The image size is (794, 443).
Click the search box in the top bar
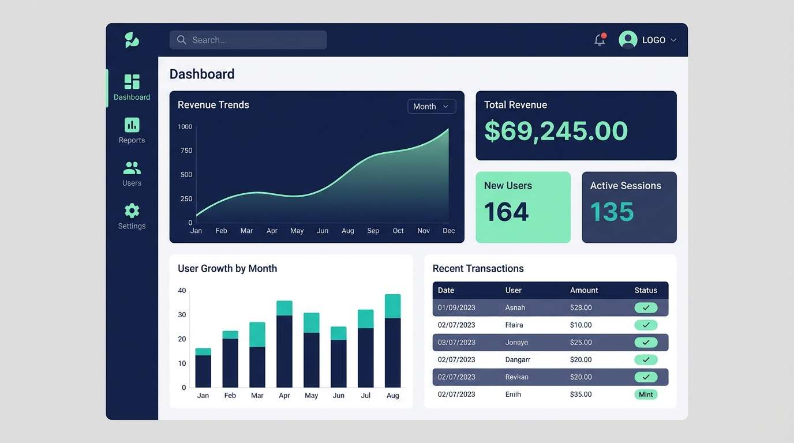(248, 40)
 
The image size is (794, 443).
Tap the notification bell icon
(600, 40)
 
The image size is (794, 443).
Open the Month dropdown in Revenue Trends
(432, 106)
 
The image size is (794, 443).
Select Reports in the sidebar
(132, 130)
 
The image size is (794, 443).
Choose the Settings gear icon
(132, 211)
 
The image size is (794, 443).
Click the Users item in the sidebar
(132, 173)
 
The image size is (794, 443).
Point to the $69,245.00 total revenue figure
(555, 131)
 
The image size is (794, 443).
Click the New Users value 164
(506, 212)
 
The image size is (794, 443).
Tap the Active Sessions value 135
(612, 212)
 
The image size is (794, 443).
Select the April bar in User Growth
(284, 344)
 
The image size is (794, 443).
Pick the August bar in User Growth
(392, 341)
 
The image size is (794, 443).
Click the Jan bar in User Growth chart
(203, 368)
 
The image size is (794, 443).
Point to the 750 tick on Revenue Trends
(186, 151)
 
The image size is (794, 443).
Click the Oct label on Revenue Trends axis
(398, 231)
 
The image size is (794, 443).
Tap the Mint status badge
(646, 395)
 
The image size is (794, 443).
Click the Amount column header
(584, 290)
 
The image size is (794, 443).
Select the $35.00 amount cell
(580, 395)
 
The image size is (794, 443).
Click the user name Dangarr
(518, 359)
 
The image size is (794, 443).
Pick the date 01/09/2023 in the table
(456, 307)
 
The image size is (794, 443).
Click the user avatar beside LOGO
(628, 40)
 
